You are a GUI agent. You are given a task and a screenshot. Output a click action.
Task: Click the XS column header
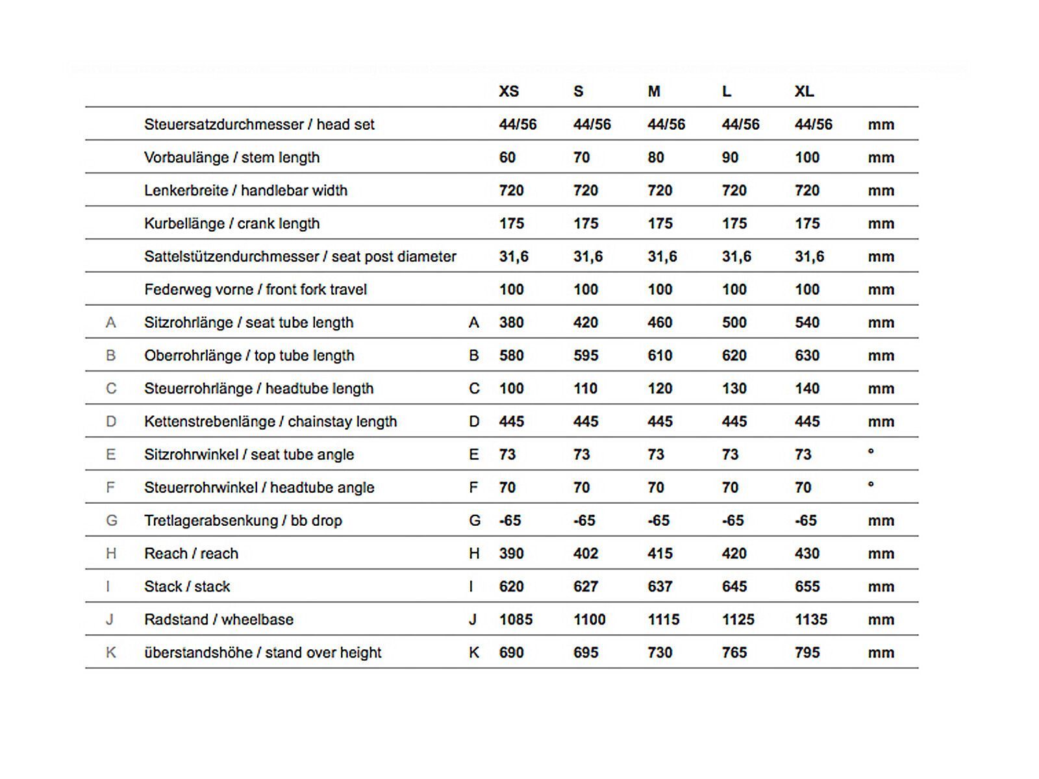point(508,92)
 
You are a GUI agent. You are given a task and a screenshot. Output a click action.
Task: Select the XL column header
point(804,92)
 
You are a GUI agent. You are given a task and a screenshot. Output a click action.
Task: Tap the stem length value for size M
point(656,158)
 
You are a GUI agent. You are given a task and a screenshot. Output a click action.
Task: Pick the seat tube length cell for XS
point(511,323)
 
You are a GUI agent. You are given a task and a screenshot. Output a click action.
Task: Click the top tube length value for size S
point(585,356)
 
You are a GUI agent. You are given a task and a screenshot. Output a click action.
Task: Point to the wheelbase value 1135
point(811,620)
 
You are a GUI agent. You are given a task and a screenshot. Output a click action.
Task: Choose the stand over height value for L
point(734,653)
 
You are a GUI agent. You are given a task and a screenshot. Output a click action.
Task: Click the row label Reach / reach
point(191,554)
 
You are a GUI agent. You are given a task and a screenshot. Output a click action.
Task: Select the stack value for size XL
point(807,587)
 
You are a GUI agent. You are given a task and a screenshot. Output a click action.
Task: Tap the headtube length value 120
point(660,389)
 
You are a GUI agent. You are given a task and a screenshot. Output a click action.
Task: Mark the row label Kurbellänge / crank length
point(232,224)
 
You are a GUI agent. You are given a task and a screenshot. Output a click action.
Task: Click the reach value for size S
point(585,554)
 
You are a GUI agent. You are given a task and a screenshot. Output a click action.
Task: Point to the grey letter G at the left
point(111,521)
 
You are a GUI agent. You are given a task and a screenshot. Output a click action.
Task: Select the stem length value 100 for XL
point(807,158)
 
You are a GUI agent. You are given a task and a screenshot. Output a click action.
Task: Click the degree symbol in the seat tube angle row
point(871,452)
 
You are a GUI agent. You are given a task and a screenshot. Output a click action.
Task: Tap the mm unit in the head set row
point(881,125)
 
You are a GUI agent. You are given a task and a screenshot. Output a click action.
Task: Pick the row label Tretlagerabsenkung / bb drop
point(243,521)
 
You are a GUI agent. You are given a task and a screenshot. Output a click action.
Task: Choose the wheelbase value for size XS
point(516,620)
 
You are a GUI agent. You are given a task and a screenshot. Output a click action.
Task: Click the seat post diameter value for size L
point(736,257)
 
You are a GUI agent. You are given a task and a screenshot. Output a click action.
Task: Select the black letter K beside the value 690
point(474,653)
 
